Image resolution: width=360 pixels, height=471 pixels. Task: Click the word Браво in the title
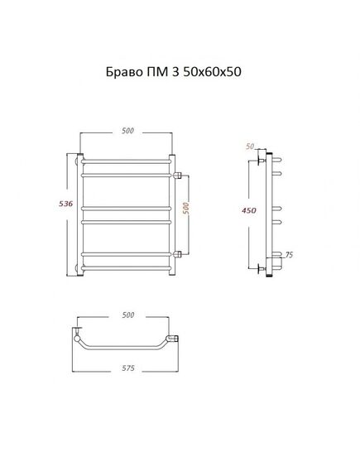tap(124, 72)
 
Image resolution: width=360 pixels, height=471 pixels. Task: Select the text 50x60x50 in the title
tap(212, 72)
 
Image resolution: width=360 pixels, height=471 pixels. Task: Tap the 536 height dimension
tap(65, 204)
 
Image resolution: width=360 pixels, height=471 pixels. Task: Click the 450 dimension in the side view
tap(249, 210)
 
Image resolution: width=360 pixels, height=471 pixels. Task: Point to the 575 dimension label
tap(128, 368)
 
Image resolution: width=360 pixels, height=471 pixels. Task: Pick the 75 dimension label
tap(289, 255)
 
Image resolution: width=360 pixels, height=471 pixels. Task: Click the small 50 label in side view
tap(250, 147)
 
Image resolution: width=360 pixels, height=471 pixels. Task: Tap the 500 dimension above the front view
tap(127, 131)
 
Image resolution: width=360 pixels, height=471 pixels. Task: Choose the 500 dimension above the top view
tap(128, 315)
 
